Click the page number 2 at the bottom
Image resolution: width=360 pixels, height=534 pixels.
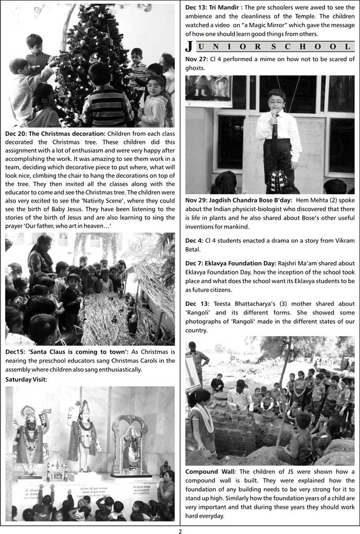point(180,530)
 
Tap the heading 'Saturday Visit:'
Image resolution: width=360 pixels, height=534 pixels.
point(26,379)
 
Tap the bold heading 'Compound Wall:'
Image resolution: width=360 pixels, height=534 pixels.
point(211,471)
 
